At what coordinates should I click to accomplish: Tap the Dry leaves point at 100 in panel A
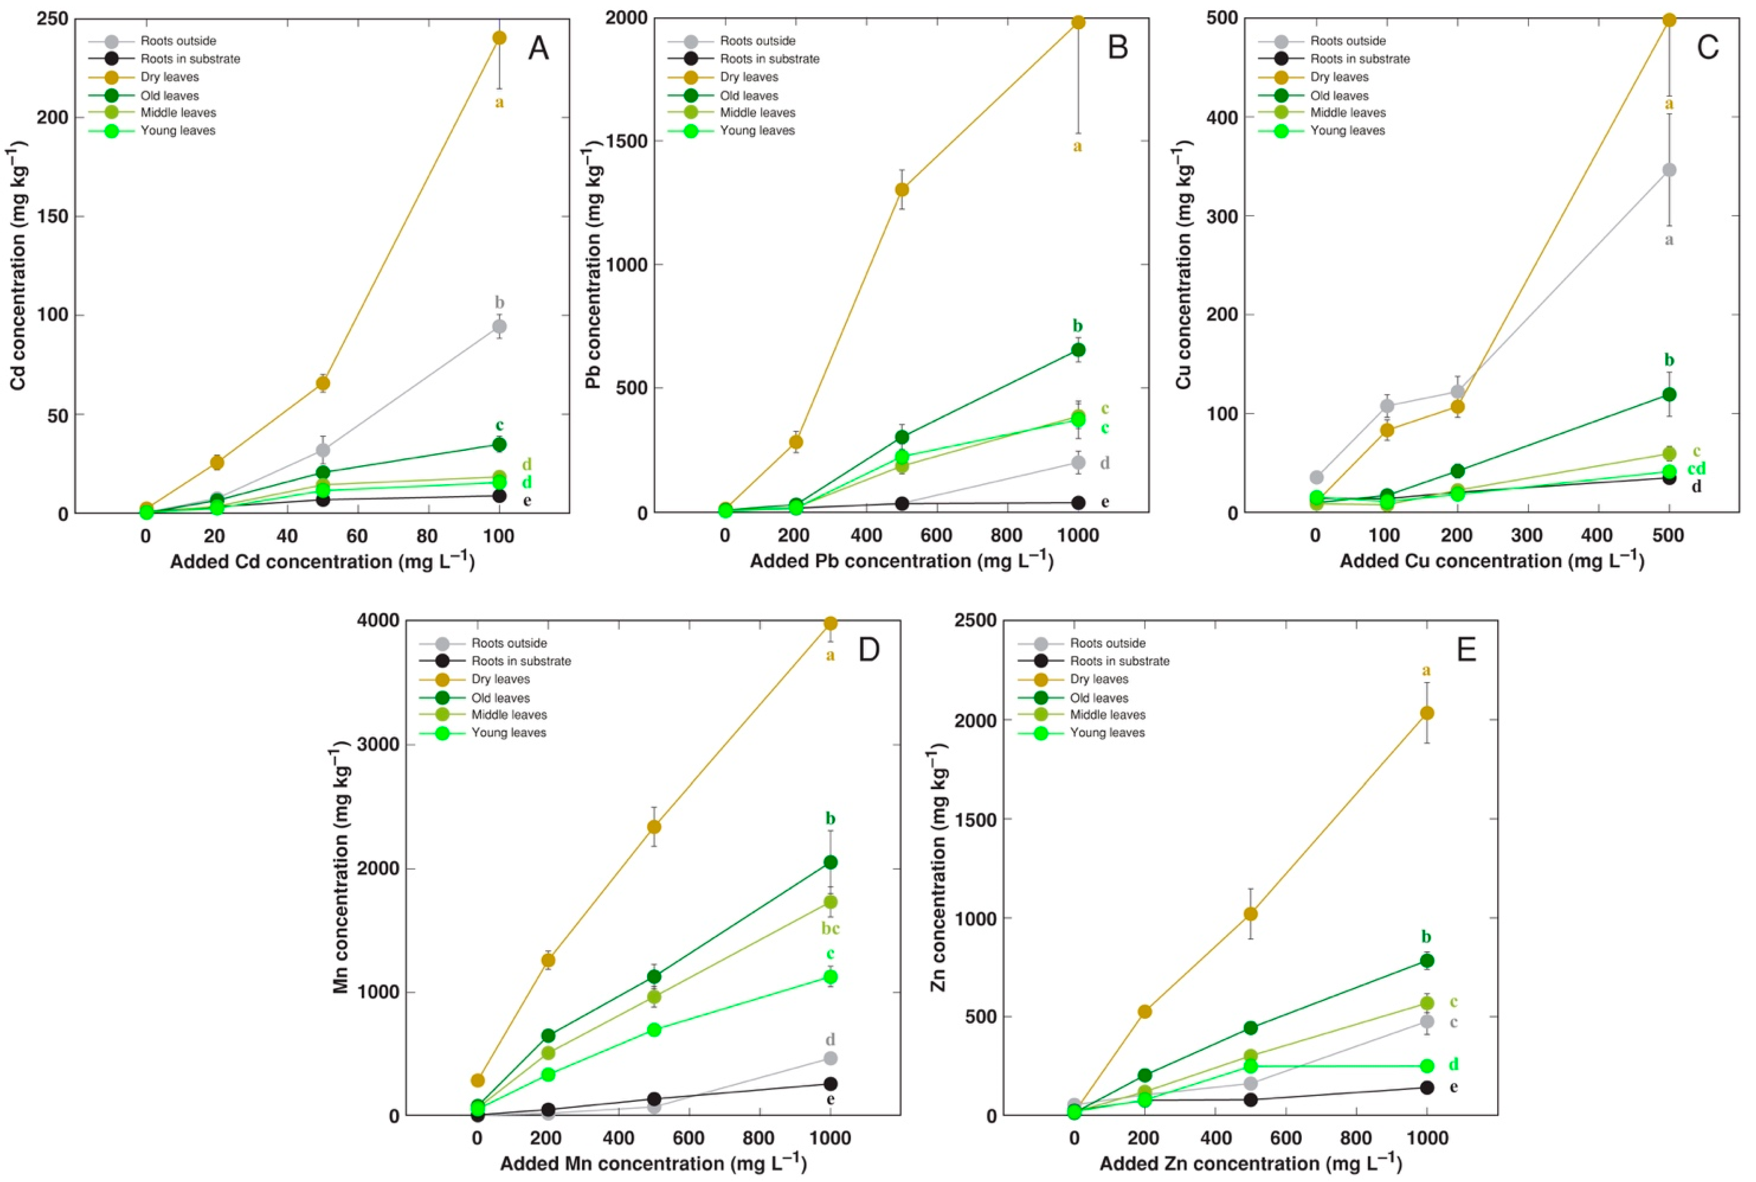click(499, 38)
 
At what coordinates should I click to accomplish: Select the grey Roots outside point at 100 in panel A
click(499, 326)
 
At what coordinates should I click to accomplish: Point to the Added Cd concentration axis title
click(322, 561)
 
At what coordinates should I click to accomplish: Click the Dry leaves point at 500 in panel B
click(901, 189)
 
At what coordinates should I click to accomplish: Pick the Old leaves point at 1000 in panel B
click(1078, 350)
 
